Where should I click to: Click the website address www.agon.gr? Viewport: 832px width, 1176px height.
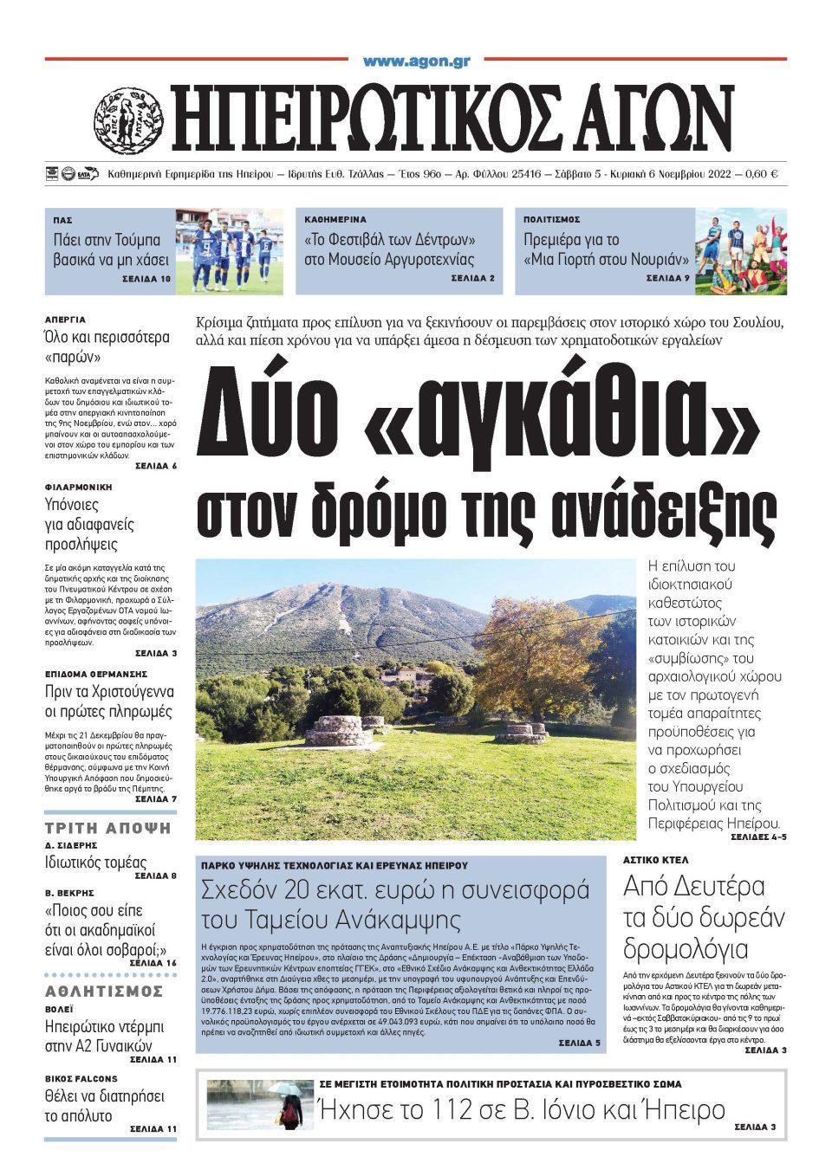(416, 61)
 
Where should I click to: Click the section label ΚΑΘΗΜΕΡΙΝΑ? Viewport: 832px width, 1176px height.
(335, 220)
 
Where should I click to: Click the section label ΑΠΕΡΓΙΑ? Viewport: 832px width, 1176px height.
(65, 320)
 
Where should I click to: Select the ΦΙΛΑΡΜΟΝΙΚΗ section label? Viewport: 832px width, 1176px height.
(79, 488)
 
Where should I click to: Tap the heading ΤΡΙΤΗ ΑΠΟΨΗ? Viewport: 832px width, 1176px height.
(108, 828)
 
